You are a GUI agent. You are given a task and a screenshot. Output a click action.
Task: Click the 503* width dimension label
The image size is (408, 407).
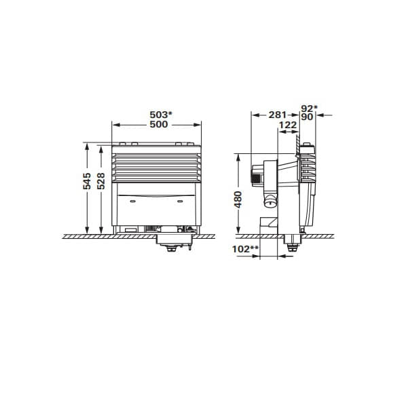tap(160, 114)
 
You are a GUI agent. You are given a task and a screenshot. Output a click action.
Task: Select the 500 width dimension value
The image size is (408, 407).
tap(159, 125)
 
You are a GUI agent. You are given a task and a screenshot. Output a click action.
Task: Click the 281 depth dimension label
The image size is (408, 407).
tap(278, 115)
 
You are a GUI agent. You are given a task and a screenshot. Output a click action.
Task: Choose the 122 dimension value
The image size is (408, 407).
tap(287, 125)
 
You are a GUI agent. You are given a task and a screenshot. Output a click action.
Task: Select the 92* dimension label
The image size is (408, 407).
tap(308, 107)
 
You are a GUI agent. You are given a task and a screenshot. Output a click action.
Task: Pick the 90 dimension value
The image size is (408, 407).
tap(307, 116)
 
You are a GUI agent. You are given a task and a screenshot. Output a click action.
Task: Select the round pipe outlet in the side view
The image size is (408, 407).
tap(270, 201)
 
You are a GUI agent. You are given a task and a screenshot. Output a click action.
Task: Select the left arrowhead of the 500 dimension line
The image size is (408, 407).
tap(114, 125)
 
